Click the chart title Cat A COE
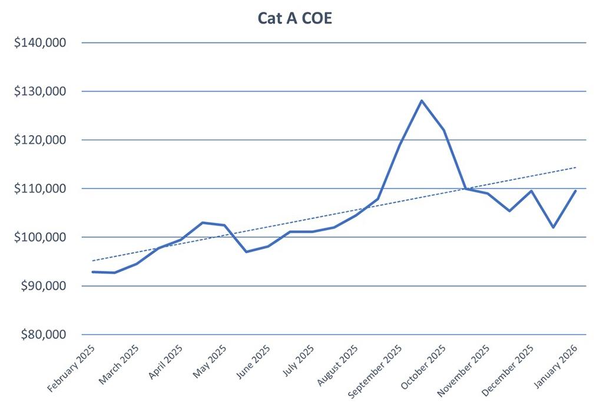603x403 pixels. [x=295, y=18]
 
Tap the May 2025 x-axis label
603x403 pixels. [x=210, y=363]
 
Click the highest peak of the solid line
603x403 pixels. [x=422, y=101]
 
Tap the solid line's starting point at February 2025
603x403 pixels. [x=93, y=272]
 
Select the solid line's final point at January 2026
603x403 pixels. [x=575, y=191]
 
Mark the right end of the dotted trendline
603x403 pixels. [x=575, y=168]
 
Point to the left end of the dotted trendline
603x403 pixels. [x=93, y=260]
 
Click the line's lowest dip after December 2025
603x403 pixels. [x=553, y=227]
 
